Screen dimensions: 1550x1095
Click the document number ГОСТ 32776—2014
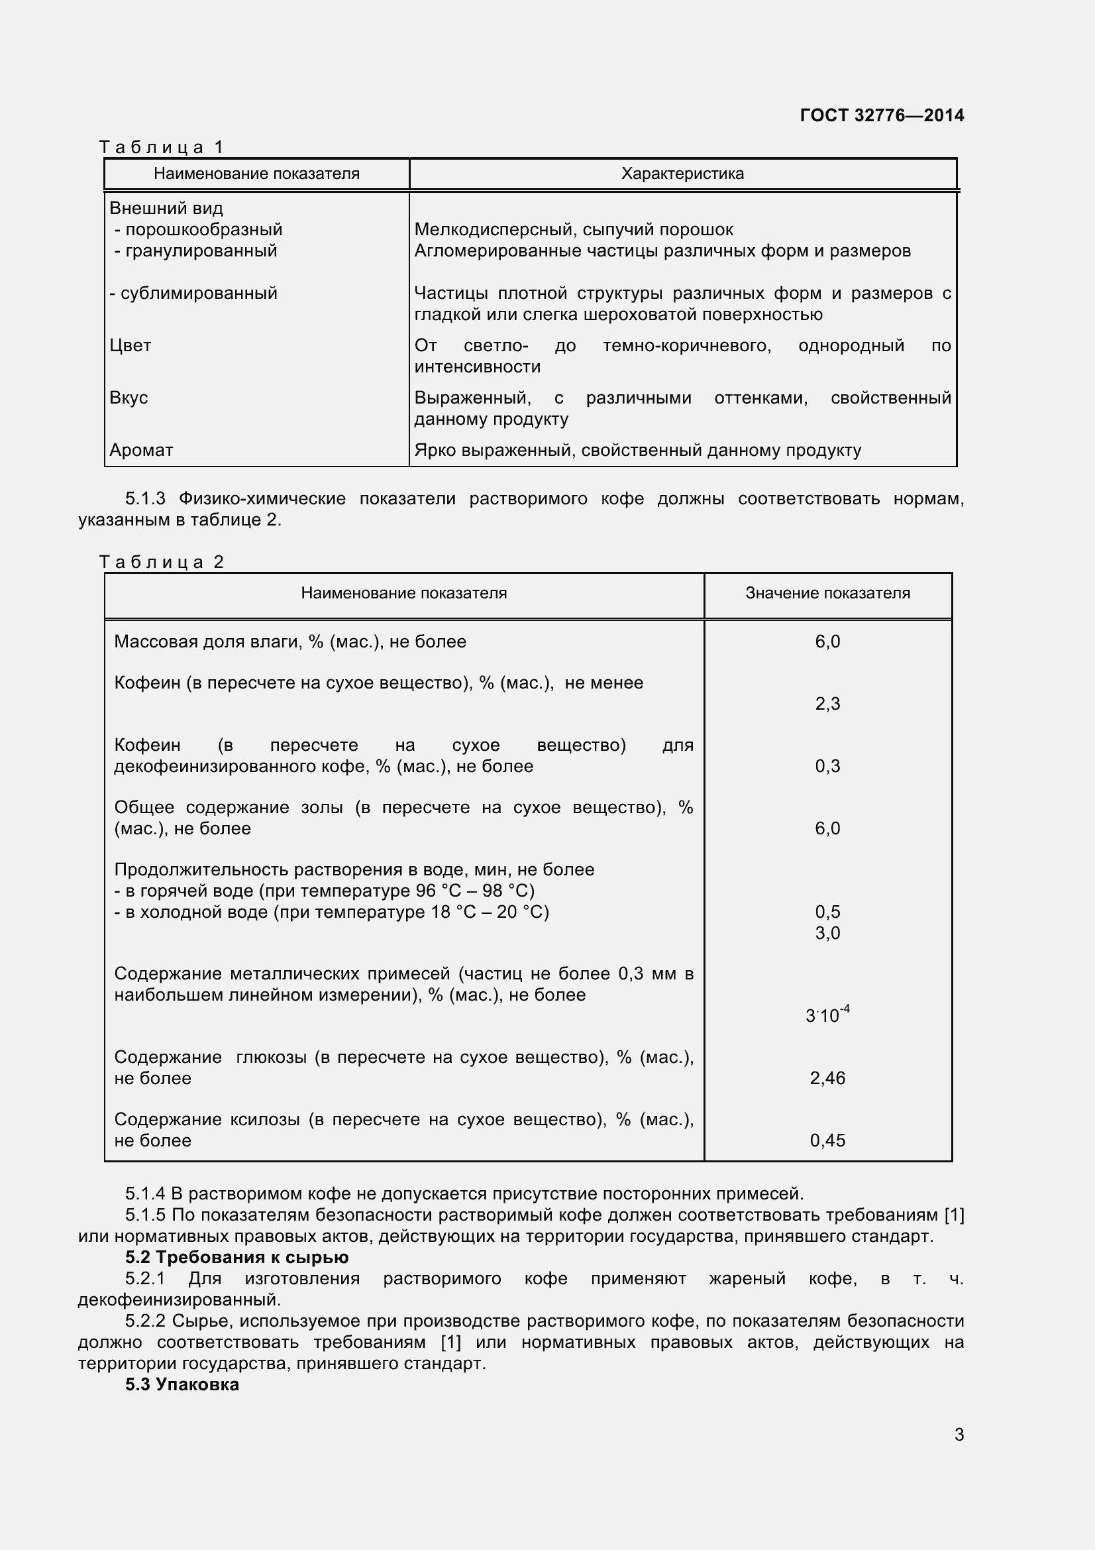[x=881, y=115]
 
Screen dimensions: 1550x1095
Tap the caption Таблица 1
[x=161, y=146]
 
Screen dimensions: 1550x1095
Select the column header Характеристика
[x=682, y=174]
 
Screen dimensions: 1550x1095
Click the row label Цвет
[x=130, y=346]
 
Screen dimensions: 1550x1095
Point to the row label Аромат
[x=141, y=450]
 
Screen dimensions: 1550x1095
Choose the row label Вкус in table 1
[x=129, y=398]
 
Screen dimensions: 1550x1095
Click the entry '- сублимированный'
[x=193, y=293]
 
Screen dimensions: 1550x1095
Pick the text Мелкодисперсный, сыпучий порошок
[x=574, y=229]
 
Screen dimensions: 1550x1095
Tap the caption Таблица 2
[x=161, y=562]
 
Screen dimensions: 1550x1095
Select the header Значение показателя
[x=827, y=593]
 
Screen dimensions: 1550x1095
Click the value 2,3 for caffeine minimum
[x=827, y=704]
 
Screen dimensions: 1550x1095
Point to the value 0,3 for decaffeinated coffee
[x=827, y=766]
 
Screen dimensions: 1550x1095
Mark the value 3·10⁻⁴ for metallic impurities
[x=827, y=1014]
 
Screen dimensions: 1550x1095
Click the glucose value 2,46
[x=827, y=1078]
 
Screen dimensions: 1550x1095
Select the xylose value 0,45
[x=827, y=1140]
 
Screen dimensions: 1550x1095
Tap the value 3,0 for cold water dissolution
[x=827, y=933]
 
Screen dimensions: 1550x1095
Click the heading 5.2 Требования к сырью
[x=236, y=1257]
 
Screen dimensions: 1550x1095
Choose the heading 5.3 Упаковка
[x=182, y=1384]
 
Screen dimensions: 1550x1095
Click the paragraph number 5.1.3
[x=145, y=499]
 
